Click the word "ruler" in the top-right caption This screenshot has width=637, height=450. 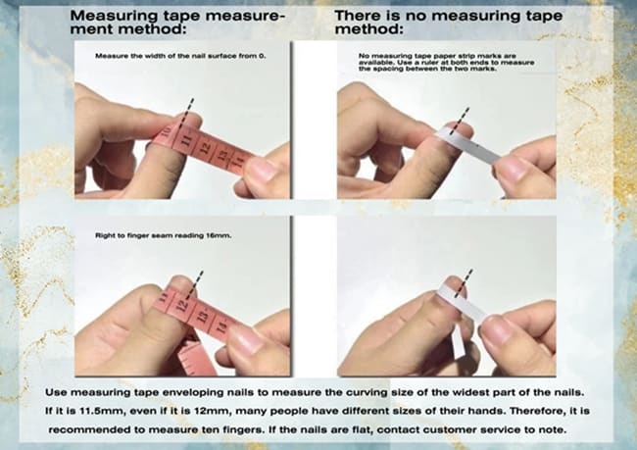(x=431, y=63)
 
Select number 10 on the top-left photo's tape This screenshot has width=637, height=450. (x=167, y=131)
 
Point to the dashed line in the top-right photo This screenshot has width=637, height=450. (x=460, y=121)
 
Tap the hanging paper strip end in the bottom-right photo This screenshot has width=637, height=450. (x=458, y=345)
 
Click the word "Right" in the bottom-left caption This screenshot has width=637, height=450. (x=103, y=235)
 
